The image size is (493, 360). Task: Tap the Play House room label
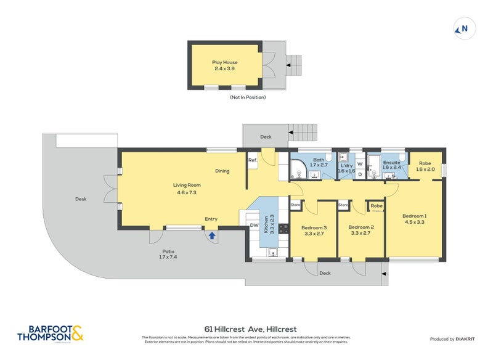[x=225, y=65]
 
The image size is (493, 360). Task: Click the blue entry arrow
[x=211, y=235]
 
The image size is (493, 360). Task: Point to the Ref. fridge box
[x=252, y=160]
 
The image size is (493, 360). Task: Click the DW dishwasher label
[x=254, y=226]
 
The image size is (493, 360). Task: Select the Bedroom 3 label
[x=313, y=231]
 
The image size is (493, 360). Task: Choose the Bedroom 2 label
[x=361, y=231]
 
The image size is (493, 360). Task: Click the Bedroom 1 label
[x=414, y=219]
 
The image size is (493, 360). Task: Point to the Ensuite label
[x=392, y=163]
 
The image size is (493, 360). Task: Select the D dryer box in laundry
[x=359, y=174]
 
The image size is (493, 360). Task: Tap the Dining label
[x=222, y=171]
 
